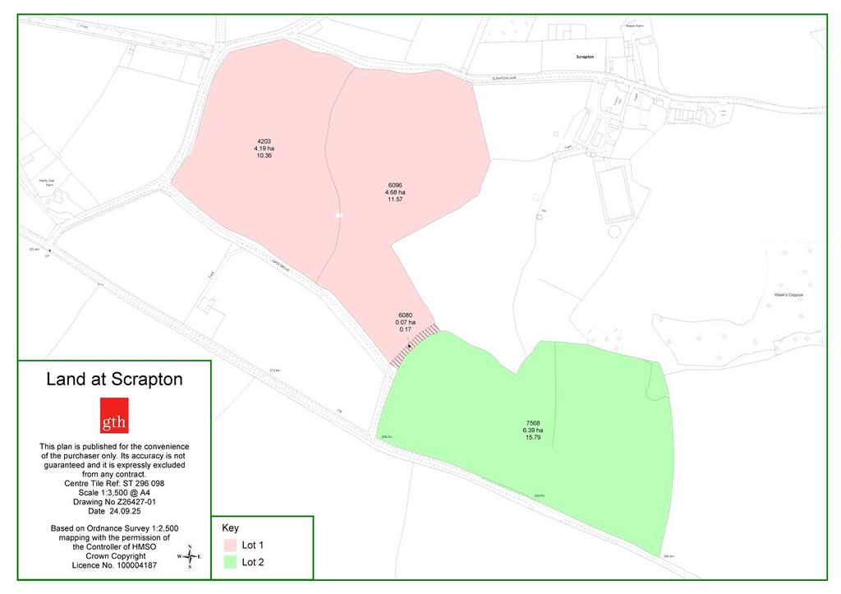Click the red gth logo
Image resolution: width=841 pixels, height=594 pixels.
tap(114, 416)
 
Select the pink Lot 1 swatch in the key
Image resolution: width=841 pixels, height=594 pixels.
tap(229, 546)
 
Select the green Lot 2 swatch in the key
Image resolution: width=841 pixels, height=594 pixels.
tap(229, 563)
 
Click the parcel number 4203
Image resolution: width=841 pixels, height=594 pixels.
tap(264, 141)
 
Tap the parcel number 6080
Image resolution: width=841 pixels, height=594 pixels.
tap(405, 315)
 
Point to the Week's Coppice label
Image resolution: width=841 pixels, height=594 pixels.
tap(787, 294)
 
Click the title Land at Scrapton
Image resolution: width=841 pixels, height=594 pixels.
tap(114, 380)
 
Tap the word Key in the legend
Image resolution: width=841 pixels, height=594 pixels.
tap(230, 527)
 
